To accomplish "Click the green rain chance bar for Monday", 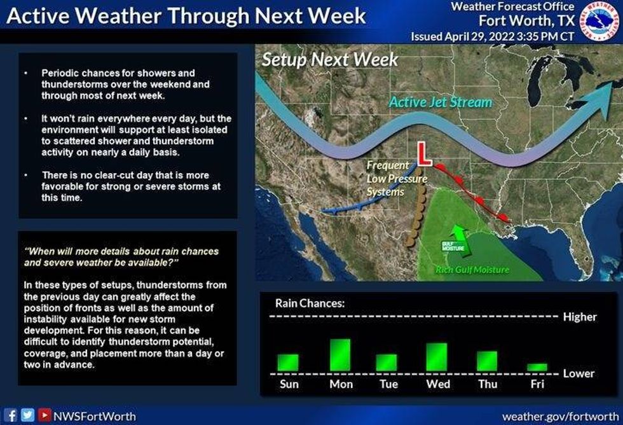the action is (340, 354).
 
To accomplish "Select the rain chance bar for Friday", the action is (537, 367).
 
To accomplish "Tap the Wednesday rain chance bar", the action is (437, 357).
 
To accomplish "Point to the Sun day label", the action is (289, 384).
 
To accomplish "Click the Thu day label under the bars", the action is (488, 384).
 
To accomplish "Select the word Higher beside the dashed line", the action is (580, 317).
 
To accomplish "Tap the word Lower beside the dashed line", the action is (578, 373).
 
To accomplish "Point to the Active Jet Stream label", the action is (440, 102).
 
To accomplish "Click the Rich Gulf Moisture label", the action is (472, 270).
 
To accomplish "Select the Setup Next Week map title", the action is (330, 60).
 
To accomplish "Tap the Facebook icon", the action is (11, 415).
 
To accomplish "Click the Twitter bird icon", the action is (27, 415).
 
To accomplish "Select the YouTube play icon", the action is (44, 415).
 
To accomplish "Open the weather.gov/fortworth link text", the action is (560, 416).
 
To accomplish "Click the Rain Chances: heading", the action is (310, 303).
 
